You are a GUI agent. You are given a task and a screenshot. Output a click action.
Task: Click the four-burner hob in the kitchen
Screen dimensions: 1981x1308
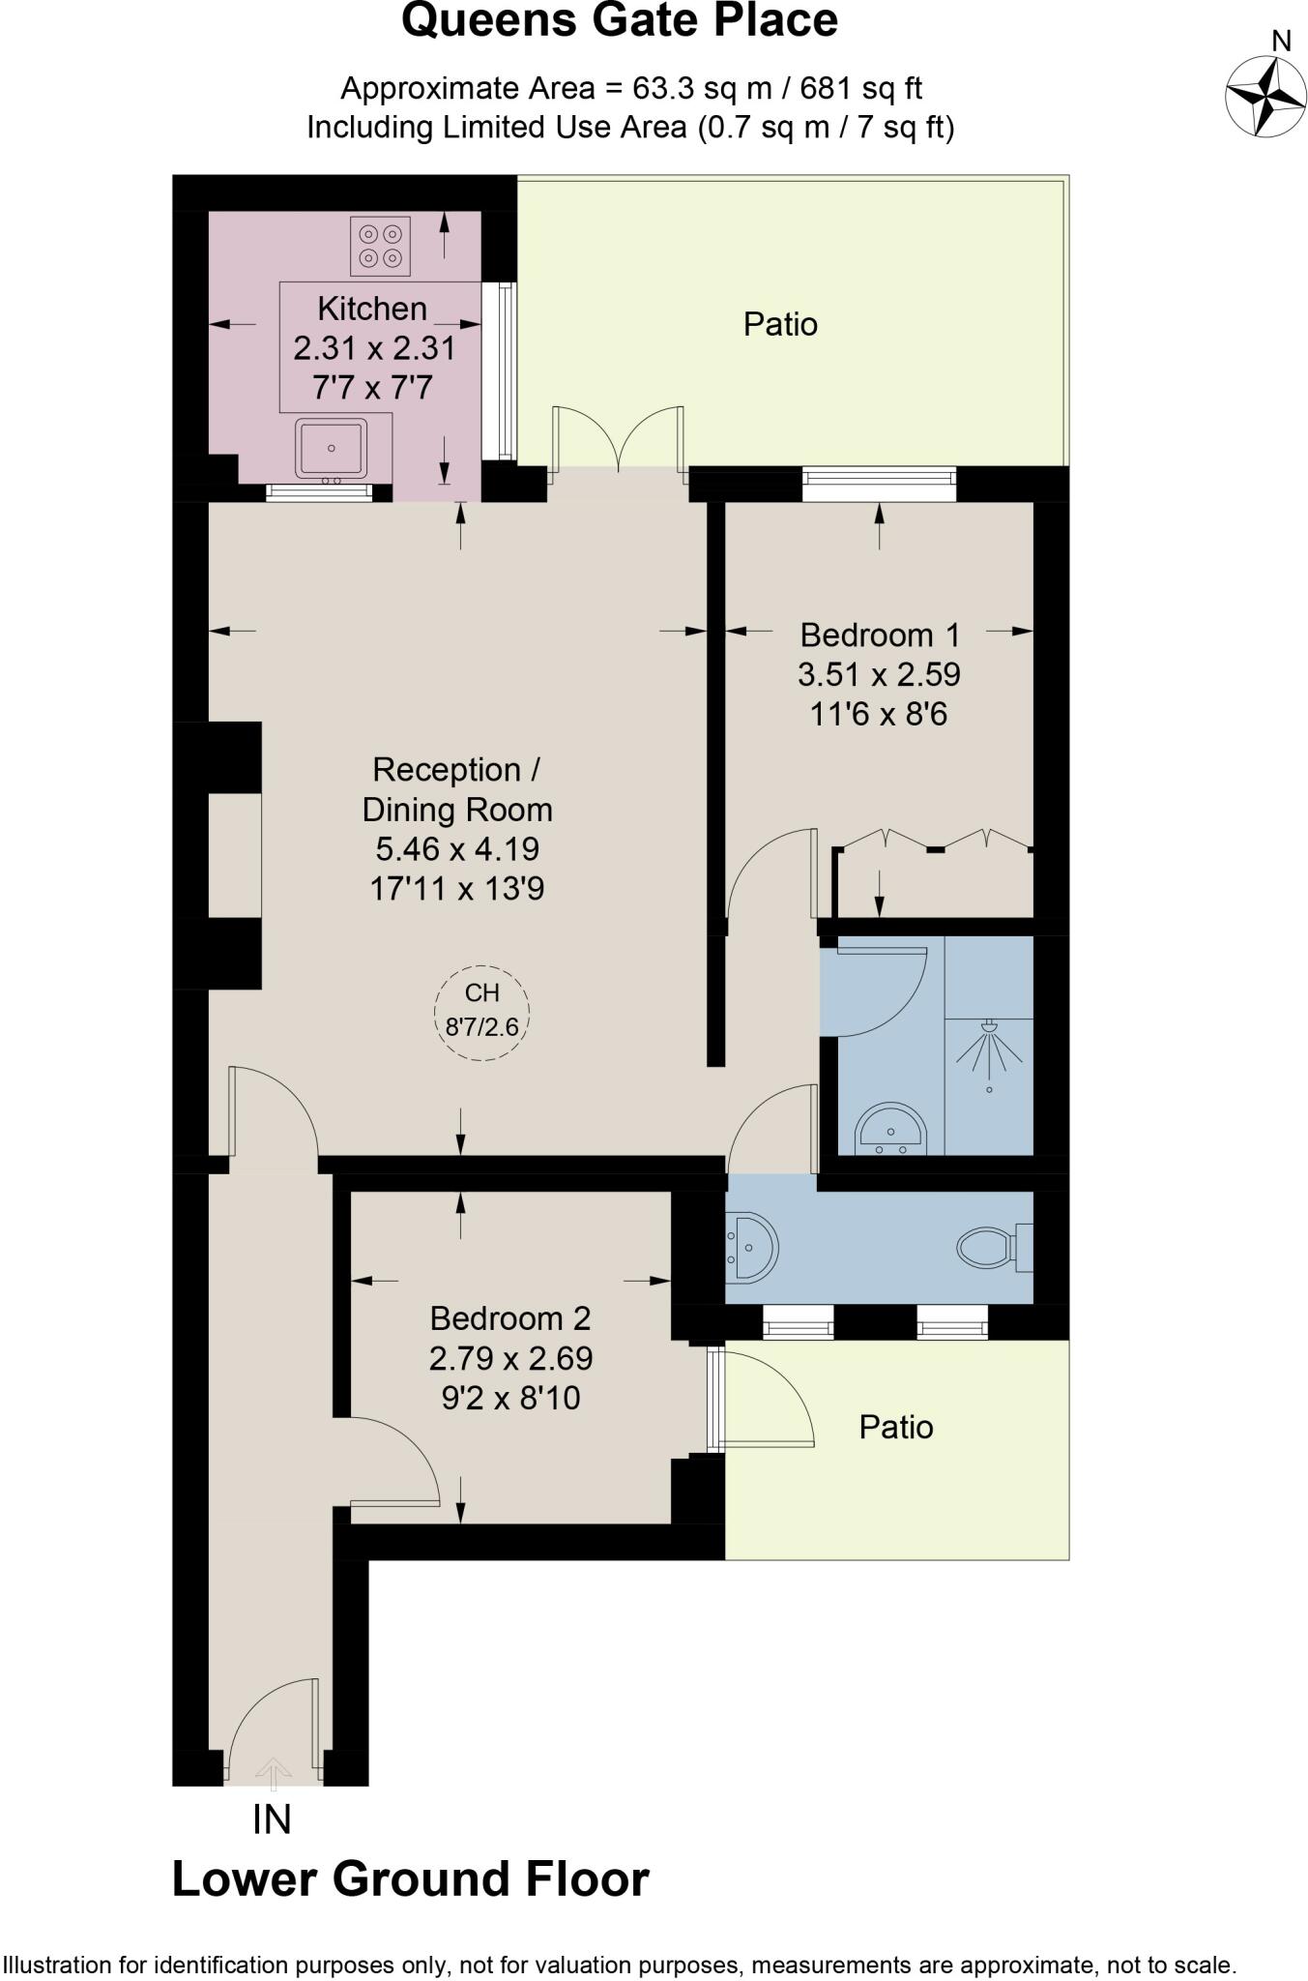pyautogui.click(x=380, y=246)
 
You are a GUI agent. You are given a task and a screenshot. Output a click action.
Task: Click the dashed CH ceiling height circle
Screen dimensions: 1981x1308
pyautogui.click(x=481, y=1013)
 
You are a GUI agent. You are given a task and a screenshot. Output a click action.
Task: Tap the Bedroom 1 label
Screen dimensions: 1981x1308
pyautogui.click(x=879, y=636)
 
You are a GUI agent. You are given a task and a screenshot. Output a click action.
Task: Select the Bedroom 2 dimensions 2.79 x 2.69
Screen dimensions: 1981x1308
pyautogui.click(x=510, y=1358)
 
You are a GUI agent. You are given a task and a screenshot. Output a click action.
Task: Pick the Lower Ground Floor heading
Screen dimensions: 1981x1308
pyautogui.click(x=410, y=1878)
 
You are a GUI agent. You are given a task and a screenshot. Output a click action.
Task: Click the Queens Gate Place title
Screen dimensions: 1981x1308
pyautogui.click(x=619, y=21)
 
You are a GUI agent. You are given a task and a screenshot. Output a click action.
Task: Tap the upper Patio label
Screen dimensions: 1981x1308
pyautogui.click(x=780, y=324)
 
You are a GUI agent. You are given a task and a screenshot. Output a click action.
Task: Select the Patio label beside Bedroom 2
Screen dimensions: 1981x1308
pyautogui.click(x=895, y=1427)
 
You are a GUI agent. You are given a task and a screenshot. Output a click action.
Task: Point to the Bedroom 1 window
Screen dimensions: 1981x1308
pyautogui.click(x=879, y=484)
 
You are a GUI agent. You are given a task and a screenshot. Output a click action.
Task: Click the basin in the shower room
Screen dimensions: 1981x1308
pyautogui.click(x=890, y=1130)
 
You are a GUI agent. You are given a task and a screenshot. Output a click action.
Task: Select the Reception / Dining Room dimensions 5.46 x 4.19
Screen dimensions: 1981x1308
pyautogui.click(x=456, y=848)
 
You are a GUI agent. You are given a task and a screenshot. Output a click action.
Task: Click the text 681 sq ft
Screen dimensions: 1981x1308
pyautogui.click(x=860, y=89)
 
